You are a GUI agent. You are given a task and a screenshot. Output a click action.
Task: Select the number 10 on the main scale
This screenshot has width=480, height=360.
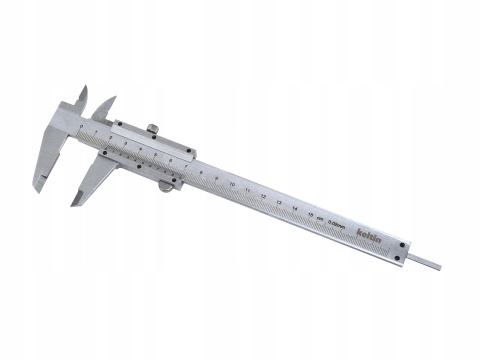coord(233,186)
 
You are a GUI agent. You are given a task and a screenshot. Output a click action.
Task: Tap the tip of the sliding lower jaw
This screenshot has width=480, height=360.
coord(73,204)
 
